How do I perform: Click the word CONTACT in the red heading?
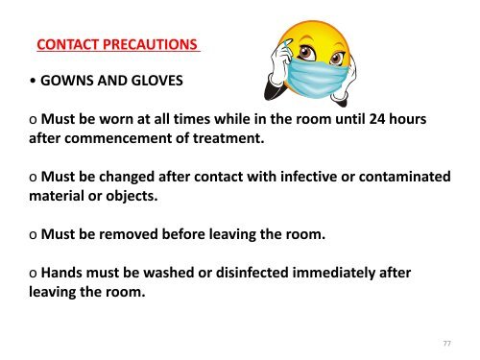tap(65, 44)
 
